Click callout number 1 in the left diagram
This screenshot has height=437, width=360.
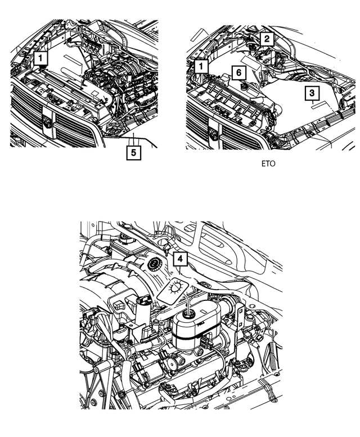[42, 57]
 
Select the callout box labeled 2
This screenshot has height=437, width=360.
[267, 38]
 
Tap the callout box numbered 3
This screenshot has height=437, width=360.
[313, 93]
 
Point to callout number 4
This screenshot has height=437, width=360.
[179, 259]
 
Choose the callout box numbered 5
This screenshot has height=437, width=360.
[133, 152]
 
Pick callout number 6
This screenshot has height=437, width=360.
[239, 73]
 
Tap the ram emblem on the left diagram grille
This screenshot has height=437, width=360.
[47, 121]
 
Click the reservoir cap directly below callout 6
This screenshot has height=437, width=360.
[244, 87]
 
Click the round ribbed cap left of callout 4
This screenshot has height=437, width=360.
[153, 264]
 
